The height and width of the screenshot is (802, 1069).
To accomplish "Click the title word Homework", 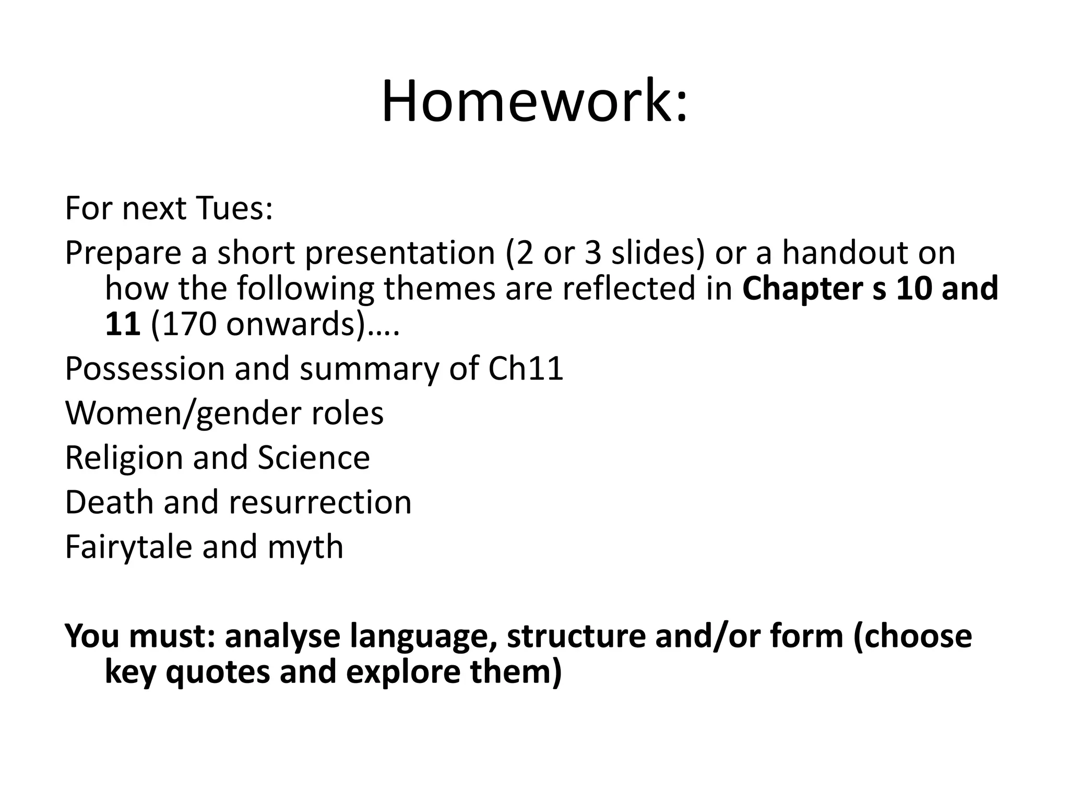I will [534, 102].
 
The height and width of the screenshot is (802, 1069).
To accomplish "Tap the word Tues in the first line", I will [234, 208].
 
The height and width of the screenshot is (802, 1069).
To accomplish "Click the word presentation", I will [400, 254].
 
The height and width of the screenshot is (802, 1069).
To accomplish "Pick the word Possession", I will [144, 369].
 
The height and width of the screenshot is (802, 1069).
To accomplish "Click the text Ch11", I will [526, 369].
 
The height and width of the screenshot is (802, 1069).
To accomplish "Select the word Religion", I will [123, 458].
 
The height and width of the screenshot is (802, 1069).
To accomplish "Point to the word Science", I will [314, 458].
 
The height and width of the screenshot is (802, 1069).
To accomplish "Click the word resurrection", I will [320, 502].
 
